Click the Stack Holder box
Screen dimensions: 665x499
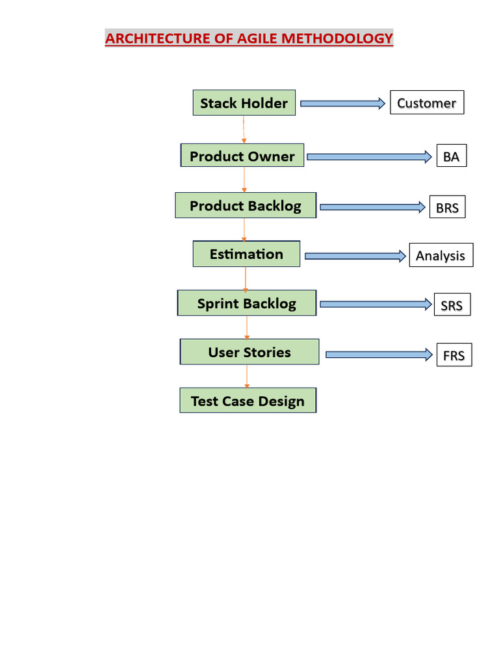tap(244, 103)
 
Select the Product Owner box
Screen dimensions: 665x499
tap(242, 156)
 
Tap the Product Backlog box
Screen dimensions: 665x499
tap(246, 206)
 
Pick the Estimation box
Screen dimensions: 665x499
tap(246, 254)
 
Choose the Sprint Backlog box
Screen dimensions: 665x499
tap(247, 303)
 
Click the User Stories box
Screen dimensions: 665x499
tap(249, 352)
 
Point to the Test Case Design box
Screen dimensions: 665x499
tap(248, 401)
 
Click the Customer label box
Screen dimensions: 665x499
tap(427, 103)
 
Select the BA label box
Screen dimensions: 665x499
tap(452, 157)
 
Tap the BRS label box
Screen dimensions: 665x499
tap(447, 207)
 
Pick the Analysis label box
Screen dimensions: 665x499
tap(441, 255)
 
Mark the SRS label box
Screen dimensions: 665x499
tap(452, 305)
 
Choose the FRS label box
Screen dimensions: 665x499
tap(454, 355)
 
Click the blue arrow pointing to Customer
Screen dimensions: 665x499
tap(342, 103)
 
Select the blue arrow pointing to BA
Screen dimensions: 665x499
tap(369, 157)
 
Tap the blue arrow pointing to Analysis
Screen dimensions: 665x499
tap(355, 256)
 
